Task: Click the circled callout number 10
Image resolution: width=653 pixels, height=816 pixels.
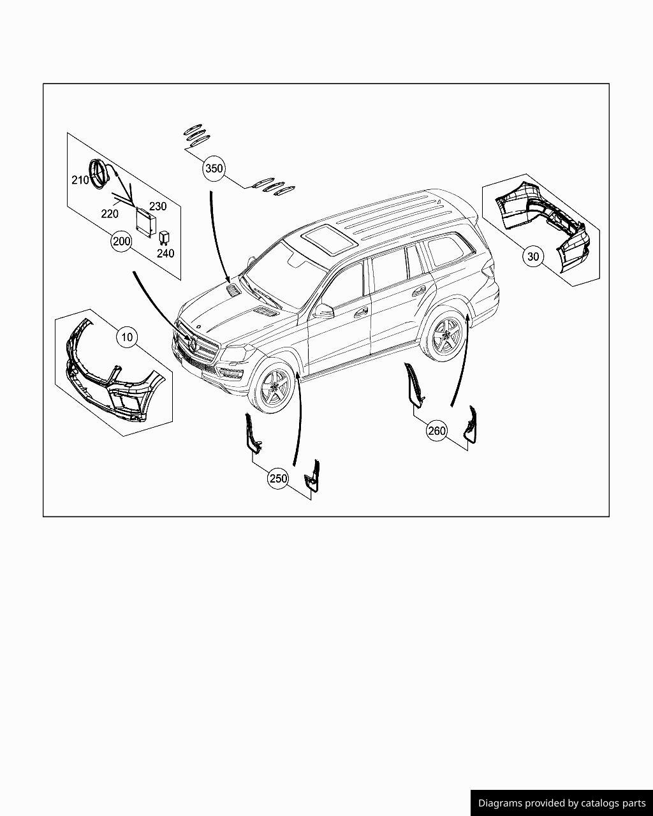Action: (x=128, y=337)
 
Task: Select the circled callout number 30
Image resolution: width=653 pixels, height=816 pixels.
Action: (x=533, y=256)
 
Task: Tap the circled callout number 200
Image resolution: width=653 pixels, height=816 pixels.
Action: (x=121, y=242)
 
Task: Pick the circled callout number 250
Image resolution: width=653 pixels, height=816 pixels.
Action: (x=278, y=479)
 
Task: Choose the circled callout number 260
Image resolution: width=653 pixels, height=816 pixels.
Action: (x=437, y=431)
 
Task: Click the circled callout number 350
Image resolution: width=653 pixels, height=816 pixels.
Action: (x=214, y=168)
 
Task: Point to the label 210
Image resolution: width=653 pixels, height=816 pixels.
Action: (x=80, y=180)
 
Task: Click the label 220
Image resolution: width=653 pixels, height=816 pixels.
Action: (x=110, y=214)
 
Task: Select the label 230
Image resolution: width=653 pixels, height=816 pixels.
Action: (x=158, y=206)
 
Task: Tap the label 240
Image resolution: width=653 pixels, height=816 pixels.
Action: (x=165, y=253)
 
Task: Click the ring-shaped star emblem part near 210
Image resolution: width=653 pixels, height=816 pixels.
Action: (x=98, y=173)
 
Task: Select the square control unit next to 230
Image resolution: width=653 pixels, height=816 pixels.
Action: (x=145, y=222)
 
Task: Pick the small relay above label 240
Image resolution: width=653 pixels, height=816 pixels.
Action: (x=164, y=237)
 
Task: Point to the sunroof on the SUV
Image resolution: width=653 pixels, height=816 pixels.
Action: (x=328, y=240)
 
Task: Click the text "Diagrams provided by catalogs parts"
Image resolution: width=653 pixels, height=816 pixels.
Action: (x=562, y=803)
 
